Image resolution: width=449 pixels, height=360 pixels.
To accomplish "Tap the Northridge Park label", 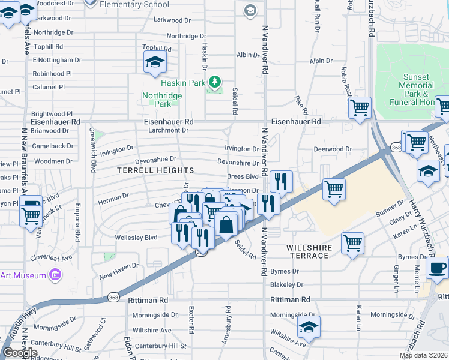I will (157, 99).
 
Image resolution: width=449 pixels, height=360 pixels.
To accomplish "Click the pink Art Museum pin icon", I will (55, 275).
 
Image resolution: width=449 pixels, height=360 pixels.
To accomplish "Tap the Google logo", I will (20, 353).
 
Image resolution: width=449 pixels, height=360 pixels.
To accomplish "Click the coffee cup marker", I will (437, 267).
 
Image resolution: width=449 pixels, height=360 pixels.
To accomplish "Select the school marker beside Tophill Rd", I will (155, 61).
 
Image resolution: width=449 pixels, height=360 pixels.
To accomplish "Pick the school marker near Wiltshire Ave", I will (309, 326).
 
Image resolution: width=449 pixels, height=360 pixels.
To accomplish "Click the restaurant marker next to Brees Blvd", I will (281, 180).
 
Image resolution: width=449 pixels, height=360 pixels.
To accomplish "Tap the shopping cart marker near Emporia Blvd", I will (31, 215).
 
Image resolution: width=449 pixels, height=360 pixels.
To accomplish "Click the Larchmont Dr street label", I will (169, 130).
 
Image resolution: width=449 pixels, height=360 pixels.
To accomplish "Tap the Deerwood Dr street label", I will (332, 149).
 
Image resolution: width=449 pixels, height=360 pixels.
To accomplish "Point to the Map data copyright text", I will (423, 355).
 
